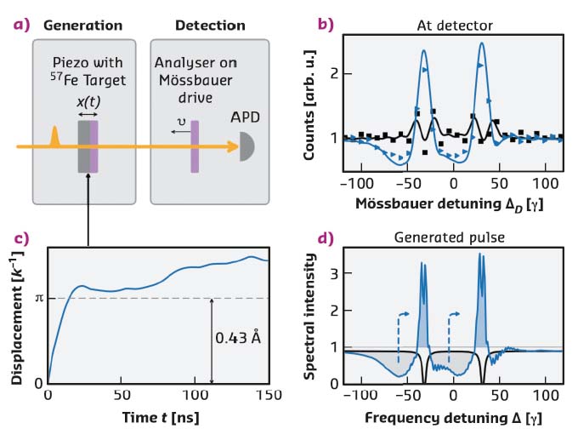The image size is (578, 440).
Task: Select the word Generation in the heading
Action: point(84,24)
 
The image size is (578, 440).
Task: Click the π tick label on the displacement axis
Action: point(38,298)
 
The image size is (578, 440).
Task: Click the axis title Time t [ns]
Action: point(159,419)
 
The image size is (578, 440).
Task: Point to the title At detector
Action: point(456,24)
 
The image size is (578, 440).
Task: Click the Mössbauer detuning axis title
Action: point(455,205)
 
